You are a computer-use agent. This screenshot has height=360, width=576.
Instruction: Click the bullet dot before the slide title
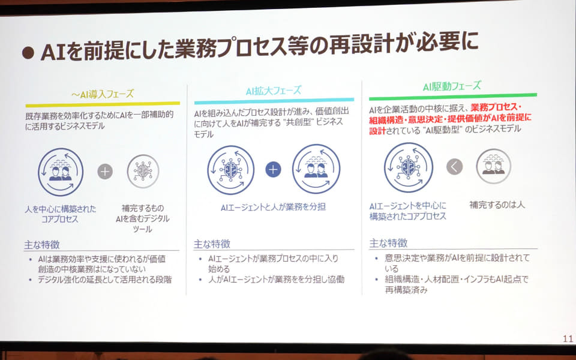click(x=28, y=53)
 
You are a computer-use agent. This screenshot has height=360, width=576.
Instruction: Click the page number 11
click(x=568, y=338)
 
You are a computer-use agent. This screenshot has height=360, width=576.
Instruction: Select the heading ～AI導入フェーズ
click(x=103, y=94)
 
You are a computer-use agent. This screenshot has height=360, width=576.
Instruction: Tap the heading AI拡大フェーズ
click(x=274, y=91)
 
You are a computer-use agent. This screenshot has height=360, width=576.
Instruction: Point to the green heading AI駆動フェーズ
click(x=452, y=86)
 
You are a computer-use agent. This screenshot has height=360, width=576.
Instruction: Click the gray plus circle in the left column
click(x=105, y=172)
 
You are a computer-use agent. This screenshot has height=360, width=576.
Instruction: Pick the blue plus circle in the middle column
click(x=273, y=169)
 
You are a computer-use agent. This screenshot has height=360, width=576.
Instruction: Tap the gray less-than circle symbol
click(x=454, y=167)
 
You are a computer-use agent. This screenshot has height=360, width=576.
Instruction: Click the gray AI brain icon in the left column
click(x=143, y=171)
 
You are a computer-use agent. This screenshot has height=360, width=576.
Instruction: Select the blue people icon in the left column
click(x=61, y=172)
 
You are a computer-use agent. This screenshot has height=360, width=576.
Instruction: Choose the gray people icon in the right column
click(x=493, y=166)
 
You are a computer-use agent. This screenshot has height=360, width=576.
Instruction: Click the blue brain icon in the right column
click(x=409, y=167)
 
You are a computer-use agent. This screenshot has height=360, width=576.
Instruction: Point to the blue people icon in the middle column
click(x=316, y=169)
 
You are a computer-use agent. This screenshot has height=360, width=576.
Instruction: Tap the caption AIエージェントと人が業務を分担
click(x=273, y=207)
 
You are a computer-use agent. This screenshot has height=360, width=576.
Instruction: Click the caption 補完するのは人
click(x=497, y=205)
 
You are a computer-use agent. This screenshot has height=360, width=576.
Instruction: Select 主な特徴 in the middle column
click(x=212, y=244)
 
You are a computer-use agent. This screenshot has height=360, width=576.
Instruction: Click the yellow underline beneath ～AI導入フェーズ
click(x=103, y=104)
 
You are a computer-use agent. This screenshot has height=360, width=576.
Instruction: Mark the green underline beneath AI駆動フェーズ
click(x=453, y=97)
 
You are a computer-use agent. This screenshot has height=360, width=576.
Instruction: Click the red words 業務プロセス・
click(x=496, y=107)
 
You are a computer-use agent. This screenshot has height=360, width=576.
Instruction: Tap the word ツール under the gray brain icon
click(x=143, y=229)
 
